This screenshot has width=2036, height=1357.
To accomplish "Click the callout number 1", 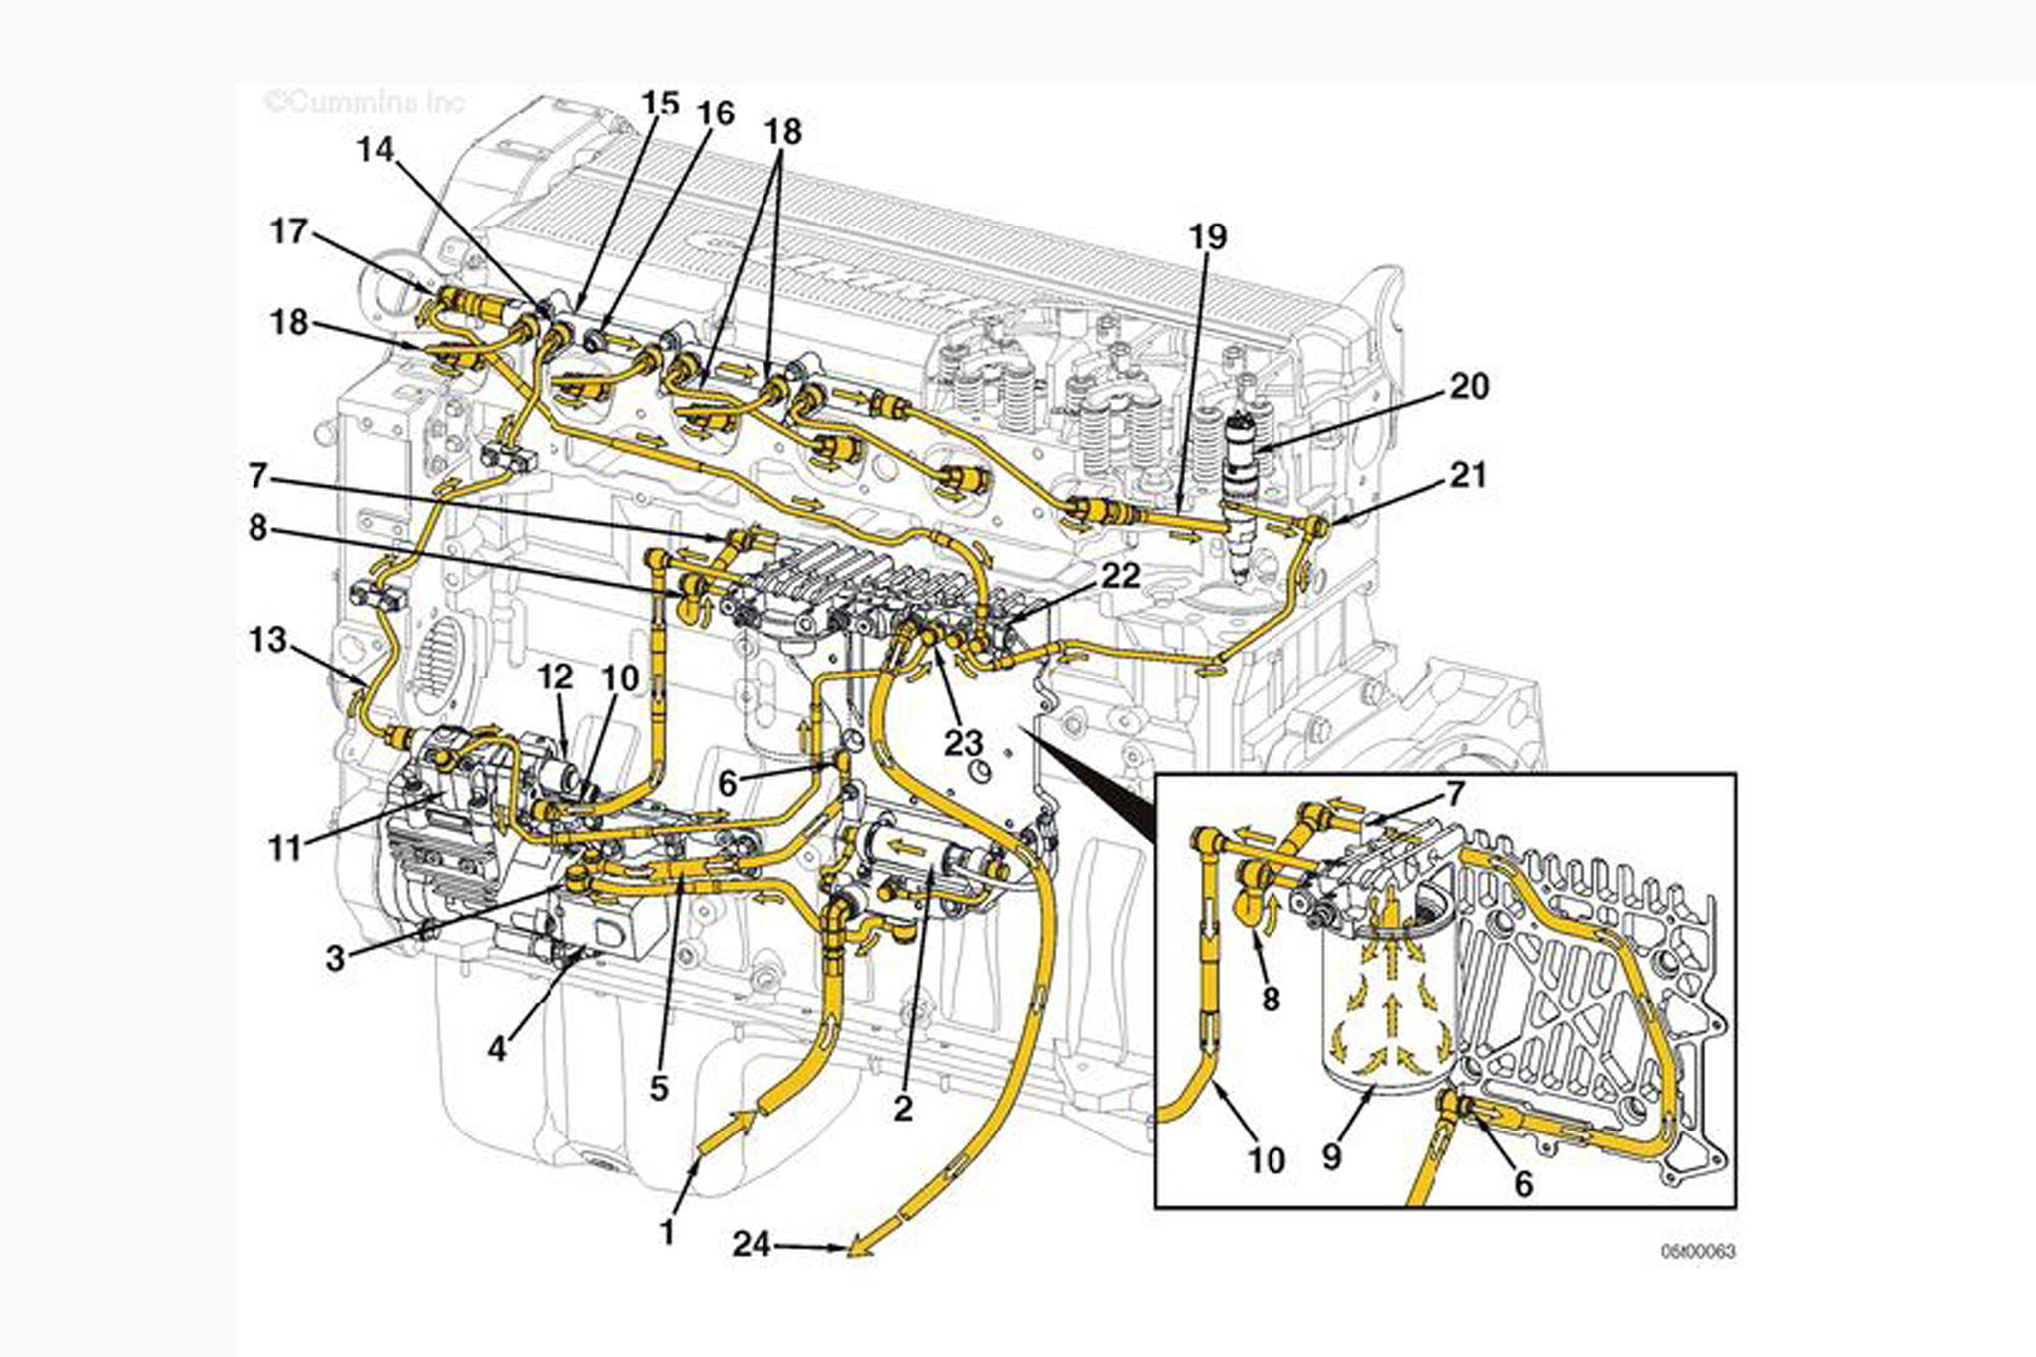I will pyautogui.click(x=668, y=1232).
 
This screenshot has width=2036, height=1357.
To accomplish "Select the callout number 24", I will pyautogui.click(x=752, y=1244).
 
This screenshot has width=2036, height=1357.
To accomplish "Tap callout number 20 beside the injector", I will pyautogui.click(x=1468, y=386).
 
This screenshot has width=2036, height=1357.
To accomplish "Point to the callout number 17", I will pyautogui.click(x=289, y=231).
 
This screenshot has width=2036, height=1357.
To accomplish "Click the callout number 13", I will pyautogui.click(x=267, y=639).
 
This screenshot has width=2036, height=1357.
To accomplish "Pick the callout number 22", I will pyautogui.click(x=1120, y=575).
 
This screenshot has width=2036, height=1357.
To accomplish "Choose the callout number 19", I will pyautogui.click(x=1207, y=237).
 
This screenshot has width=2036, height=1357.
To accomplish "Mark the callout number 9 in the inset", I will pyautogui.click(x=1331, y=1156).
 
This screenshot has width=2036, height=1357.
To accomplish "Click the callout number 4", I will pyautogui.click(x=497, y=1048).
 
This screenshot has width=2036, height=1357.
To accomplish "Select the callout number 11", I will pyautogui.click(x=285, y=849).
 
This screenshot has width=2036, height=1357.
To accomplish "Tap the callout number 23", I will pyautogui.click(x=964, y=742).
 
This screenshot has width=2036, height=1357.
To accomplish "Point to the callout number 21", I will pyautogui.click(x=1468, y=475).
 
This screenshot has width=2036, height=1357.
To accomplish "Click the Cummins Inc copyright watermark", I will pyautogui.click(x=364, y=102).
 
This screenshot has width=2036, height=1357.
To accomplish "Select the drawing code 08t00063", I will pyautogui.click(x=1698, y=1251).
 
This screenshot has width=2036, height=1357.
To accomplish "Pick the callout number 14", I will pyautogui.click(x=376, y=150).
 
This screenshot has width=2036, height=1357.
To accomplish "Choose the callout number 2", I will pyautogui.click(x=903, y=1108).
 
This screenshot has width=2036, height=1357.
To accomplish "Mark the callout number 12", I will pyautogui.click(x=555, y=677).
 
